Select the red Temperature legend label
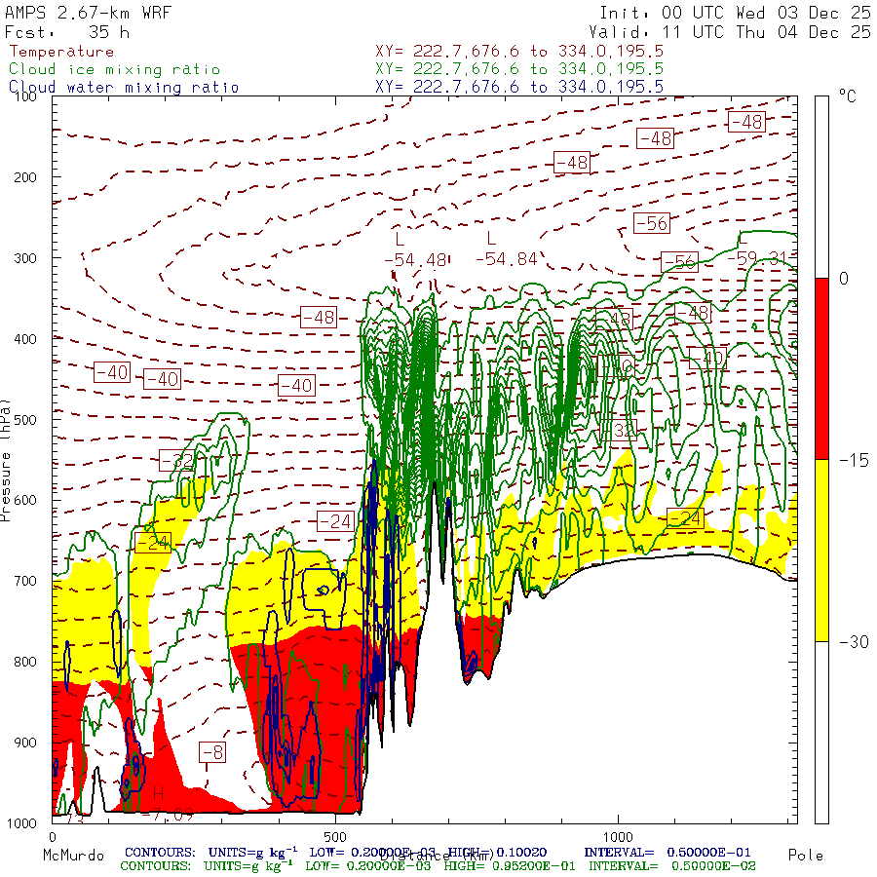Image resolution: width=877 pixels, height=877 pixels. (61, 52)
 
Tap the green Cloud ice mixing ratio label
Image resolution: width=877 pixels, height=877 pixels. (114, 69)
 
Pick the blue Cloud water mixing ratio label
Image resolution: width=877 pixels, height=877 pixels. (124, 87)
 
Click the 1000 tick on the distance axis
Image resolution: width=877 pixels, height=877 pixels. (618, 836)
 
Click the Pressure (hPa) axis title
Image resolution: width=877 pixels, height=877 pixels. (7, 459)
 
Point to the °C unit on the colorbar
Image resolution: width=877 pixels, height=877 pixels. (847, 96)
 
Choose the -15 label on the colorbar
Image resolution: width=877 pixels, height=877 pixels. (843, 459)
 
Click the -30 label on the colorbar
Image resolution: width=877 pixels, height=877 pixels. (843, 641)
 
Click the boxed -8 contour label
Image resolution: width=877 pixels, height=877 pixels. (212, 752)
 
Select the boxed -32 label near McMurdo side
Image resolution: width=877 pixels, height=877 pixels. (176, 461)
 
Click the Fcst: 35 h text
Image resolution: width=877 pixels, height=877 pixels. (67, 32)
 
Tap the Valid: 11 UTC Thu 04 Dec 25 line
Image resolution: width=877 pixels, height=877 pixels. (735, 32)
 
